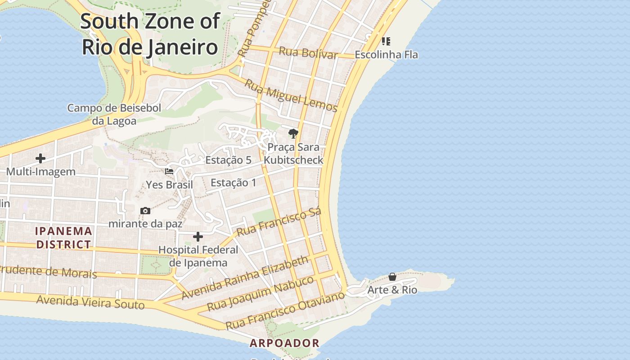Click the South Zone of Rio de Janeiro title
pyautogui.click(x=150, y=34)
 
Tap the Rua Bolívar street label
pyautogui.click(x=308, y=53)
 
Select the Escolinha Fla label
pyautogui.click(x=386, y=55)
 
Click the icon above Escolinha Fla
pyautogui.click(x=386, y=41)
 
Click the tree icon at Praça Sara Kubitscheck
pyautogui.click(x=293, y=133)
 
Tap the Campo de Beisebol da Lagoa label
pyautogui.click(x=114, y=114)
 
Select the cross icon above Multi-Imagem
pyautogui.click(x=40, y=158)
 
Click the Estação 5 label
pyautogui.click(x=228, y=160)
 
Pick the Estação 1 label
pyautogui.click(x=233, y=183)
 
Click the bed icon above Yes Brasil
pyautogui.click(x=169, y=171)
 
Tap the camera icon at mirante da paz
pyautogui.click(x=145, y=211)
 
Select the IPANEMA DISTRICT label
pyautogui.click(x=64, y=238)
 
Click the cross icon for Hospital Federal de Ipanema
pyautogui.click(x=198, y=237)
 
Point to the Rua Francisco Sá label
pyautogui.click(x=279, y=222)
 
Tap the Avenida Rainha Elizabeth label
pyautogui.click(x=246, y=278)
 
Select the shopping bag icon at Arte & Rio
pyautogui.click(x=392, y=277)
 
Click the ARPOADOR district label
pyautogui.click(x=284, y=343)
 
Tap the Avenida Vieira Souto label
pyautogui.click(x=90, y=302)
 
